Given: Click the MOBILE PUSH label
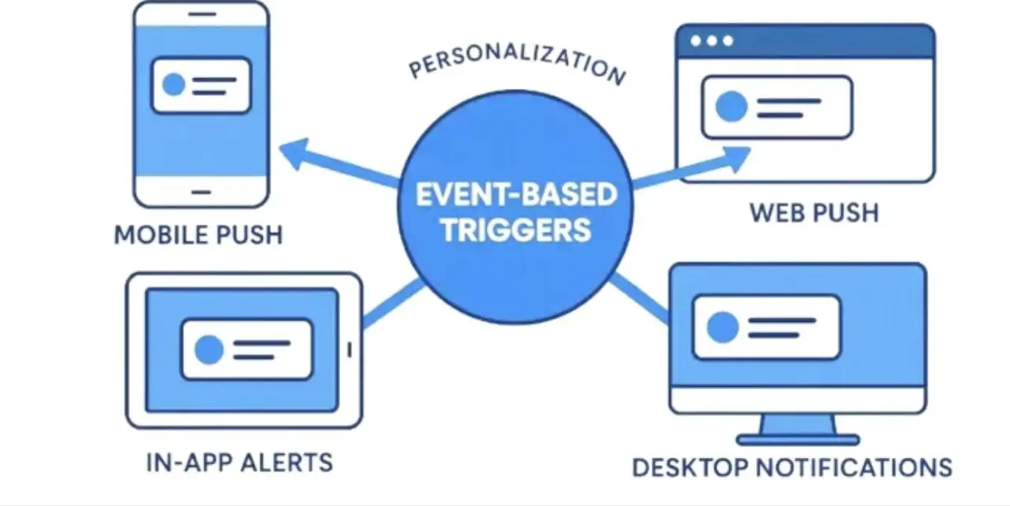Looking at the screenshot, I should pos(198,234).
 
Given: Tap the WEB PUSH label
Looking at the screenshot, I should pos(814,212).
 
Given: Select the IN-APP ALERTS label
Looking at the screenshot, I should pos(239,462).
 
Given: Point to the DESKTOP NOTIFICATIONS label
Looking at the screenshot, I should pos(791,467).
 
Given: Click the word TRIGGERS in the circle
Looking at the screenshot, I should pos(515,230).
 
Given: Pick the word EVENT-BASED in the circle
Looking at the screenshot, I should pos(515,194).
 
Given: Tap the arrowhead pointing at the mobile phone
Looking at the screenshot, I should pos(294,153).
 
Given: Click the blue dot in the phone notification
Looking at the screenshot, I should pos(174,85).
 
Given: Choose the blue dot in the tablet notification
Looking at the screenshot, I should pos(209,349).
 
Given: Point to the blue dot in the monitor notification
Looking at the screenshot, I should pos(722,328).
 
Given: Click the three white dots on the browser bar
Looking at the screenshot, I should pos(712,40).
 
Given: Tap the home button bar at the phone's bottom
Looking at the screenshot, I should pos(202,191).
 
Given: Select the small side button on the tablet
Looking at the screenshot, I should pos(350,348).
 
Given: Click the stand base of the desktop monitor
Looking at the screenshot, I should pos(797,439).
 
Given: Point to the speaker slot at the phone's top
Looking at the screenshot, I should pos(202,15).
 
